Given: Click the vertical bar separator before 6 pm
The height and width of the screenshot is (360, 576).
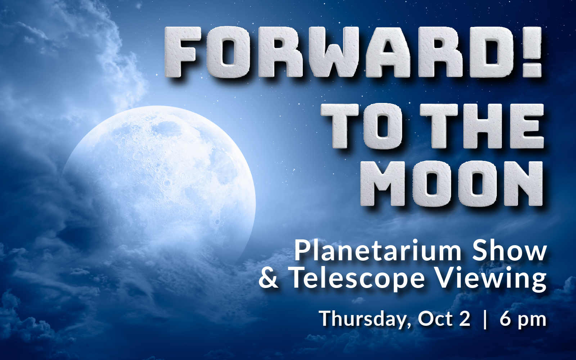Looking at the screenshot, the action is (485, 319).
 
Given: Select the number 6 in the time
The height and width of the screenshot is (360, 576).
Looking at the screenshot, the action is (506, 319).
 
